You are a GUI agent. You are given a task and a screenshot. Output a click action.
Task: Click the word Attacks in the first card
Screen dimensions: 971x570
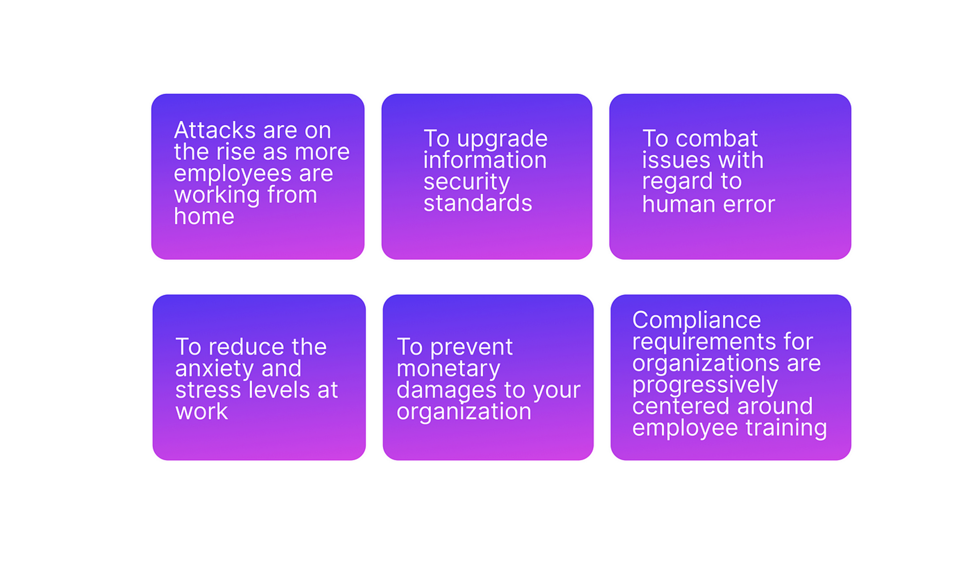tap(215, 130)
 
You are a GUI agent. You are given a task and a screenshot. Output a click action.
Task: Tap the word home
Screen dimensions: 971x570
tap(204, 216)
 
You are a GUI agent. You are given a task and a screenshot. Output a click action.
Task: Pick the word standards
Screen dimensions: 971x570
tap(478, 203)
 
